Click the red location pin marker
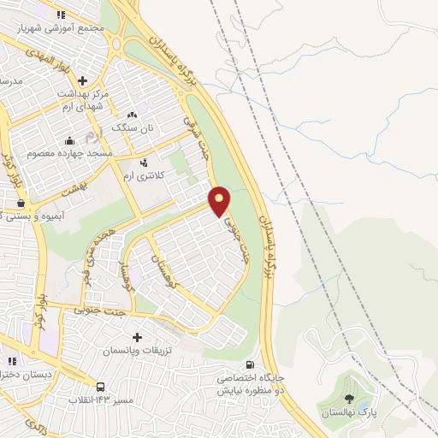[220, 201]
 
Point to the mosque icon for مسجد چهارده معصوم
[69, 141]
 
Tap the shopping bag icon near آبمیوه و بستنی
[21, 204]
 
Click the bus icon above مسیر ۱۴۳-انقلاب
[101, 387]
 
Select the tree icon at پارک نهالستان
[348, 399]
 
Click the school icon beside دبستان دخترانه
[11, 361]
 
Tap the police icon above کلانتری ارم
[143, 162]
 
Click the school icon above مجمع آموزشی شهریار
[60, 15]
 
